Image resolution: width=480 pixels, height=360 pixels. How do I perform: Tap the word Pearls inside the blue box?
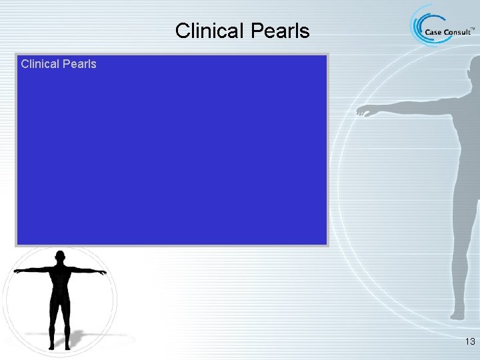(x=81, y=64)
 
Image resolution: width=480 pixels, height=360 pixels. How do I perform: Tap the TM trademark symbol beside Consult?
(x=473, y=29)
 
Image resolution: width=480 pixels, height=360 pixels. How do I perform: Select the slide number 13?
(x=469, y=342)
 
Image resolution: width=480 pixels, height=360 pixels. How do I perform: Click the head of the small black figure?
(x=61, y=256)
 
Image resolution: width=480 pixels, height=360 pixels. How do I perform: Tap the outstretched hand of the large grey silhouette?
(x=363, y=111)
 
